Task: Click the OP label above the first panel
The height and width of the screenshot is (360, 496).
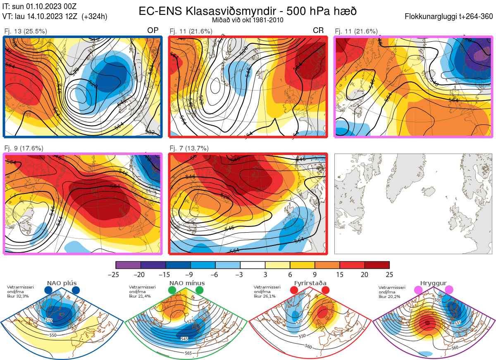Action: (153, 31)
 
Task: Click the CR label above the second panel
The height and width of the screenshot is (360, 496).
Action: (318, 31)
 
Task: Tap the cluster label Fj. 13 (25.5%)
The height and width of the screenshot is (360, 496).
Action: (26, 31)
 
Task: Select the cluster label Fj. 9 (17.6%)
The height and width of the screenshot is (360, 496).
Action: (24, 148)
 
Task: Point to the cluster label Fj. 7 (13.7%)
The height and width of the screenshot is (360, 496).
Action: (189, 148)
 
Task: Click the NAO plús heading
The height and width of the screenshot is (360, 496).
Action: (62, 283)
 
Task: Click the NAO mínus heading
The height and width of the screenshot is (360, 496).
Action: (187, 283)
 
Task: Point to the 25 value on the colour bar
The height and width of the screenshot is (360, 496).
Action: (389, 274)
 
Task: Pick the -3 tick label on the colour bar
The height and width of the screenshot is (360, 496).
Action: (240, 274)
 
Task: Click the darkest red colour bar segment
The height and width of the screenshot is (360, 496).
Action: (377, 265)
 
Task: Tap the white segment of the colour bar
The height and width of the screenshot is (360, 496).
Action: (253, 265)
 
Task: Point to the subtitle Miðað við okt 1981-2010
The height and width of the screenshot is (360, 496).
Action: (248, 20)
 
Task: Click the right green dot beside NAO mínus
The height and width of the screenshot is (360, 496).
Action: (200, 290)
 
